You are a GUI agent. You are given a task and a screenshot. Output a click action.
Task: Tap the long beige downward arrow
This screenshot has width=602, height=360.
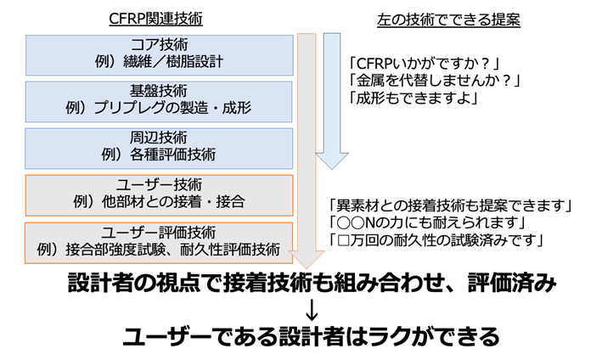point(306,153)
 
